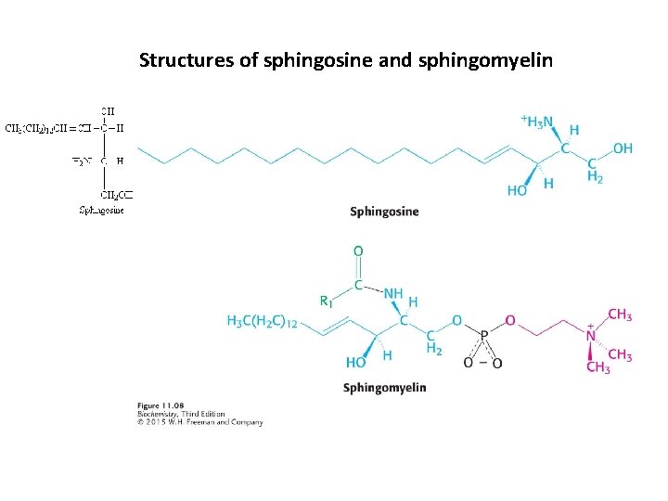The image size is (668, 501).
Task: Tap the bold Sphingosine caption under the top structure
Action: (x=384, y=212)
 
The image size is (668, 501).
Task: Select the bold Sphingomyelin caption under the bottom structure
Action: (x=384, y=387)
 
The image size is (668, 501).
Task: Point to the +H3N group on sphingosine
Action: (x=537, y=121)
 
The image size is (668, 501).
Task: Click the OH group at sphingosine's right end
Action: (x=623, y=148)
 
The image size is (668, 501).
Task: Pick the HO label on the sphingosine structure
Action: (x=518, y=190)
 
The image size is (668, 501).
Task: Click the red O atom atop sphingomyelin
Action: (x=358, y=251)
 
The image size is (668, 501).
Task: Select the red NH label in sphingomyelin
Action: (x=393, y=293)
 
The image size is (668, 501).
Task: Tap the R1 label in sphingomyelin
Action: (x=325, y=300)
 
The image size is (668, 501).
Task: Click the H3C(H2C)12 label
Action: (x=262, y=321)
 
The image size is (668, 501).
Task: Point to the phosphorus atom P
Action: (x=483, y=338)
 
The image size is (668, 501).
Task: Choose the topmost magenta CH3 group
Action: (x=620, y=315)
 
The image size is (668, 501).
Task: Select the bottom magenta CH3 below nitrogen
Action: (x=598, y=367)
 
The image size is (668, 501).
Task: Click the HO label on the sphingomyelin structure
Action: (x=354, y=362)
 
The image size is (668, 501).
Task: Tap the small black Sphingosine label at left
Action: (x=101, y=210)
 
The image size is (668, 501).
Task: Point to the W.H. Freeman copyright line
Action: (x=200, y=422)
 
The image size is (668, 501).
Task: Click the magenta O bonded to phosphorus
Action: (x=508, y=319)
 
